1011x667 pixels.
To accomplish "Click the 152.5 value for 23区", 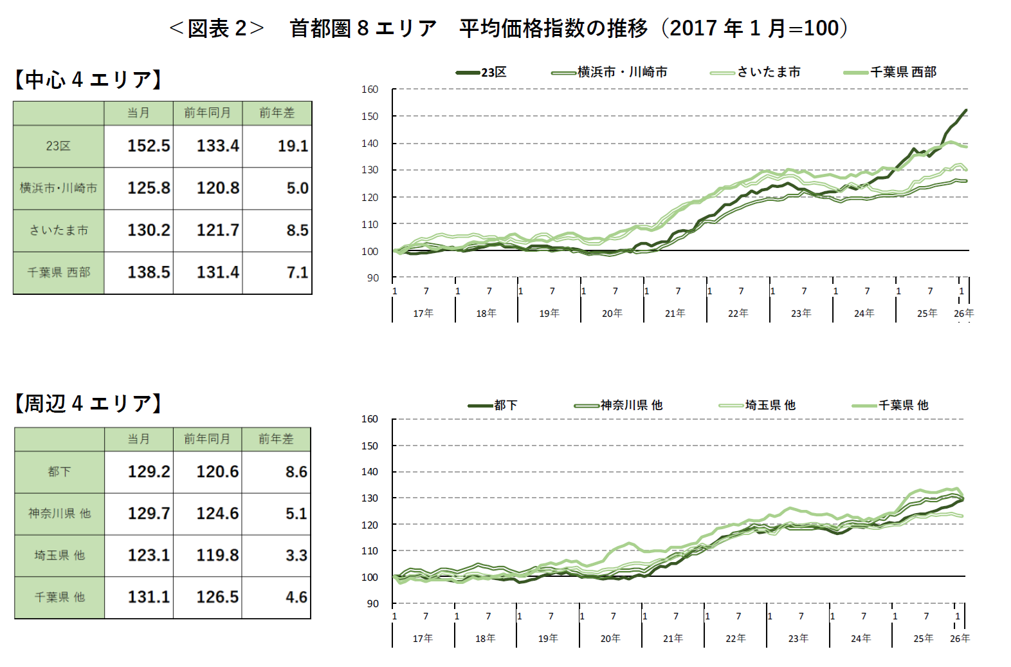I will [149, 146].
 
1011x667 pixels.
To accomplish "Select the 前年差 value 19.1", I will [293, 146].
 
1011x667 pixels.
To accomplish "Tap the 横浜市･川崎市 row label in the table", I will [59, 188].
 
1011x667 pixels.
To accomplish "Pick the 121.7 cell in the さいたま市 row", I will [217, 230].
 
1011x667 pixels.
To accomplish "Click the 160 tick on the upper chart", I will [370, 89].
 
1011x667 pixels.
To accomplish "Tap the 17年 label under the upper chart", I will [423, 313].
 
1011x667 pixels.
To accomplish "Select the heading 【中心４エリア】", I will [88, 79].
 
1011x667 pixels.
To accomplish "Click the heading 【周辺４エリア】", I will [88, 403].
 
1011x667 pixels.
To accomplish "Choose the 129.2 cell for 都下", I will [149, 472].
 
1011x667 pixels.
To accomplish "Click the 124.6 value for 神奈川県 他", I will [217, 514].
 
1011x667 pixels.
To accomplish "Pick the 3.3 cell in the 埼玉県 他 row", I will [296, 555].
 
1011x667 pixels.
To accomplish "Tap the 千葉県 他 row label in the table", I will [59, 597].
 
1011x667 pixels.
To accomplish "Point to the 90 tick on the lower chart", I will [373, 603].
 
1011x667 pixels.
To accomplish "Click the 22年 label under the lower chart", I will [735, 638].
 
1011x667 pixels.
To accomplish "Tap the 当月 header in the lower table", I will [138, 439].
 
